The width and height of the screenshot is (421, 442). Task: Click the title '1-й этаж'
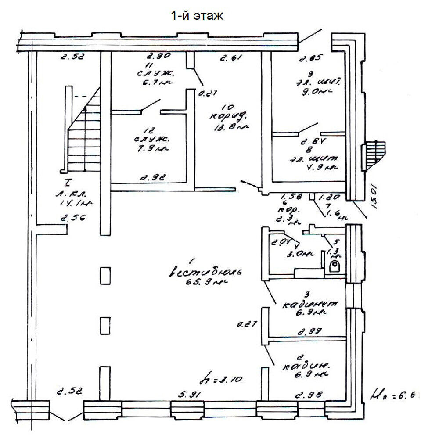pyautogui.click(x=197, y=16)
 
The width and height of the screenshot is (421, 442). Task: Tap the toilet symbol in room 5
pyautogui.click(x=335, y=266)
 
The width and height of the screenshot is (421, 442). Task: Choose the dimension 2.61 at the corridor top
pyautogui.click(x=230, y=57)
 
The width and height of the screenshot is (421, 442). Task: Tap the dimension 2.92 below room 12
pyautogui.click(x=153, y=178)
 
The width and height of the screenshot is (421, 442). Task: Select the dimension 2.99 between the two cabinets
pyautogui.click(x=309, y=332)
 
